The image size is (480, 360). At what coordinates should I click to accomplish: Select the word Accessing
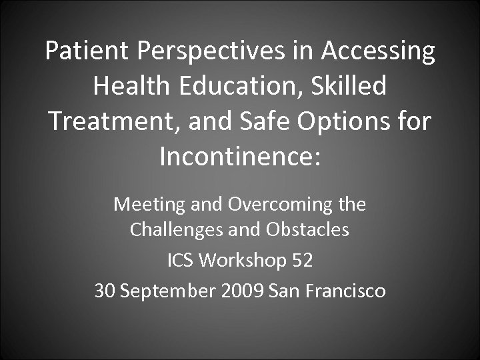(381, 52)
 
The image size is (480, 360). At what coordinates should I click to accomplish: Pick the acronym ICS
(181, 261)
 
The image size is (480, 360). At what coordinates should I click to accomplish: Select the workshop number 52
(301, 261)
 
